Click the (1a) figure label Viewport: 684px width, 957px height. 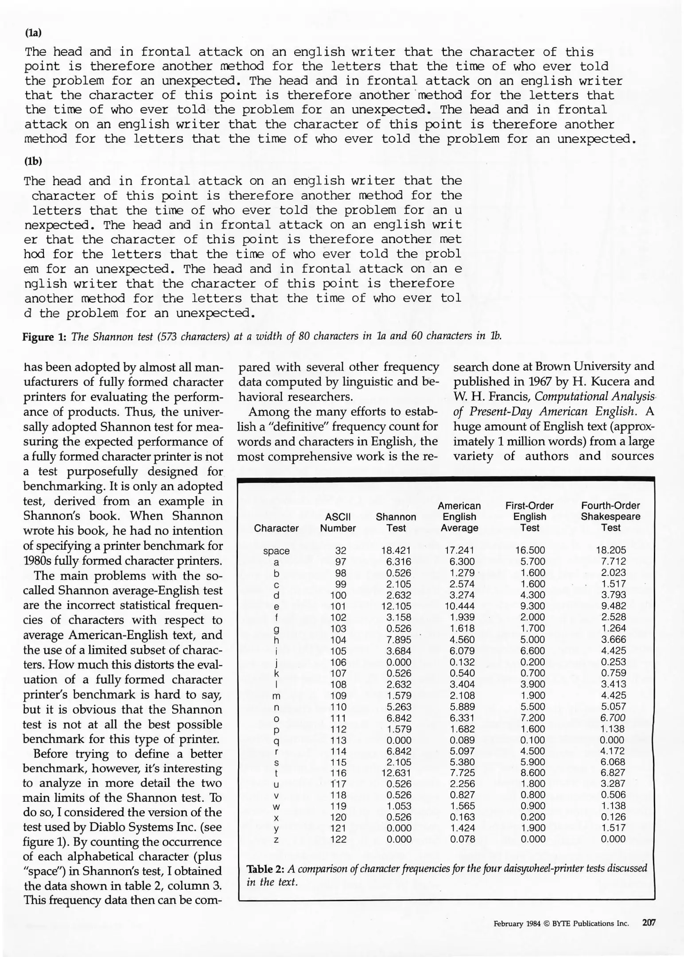point(33,33)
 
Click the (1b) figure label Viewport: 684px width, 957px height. point(33,161)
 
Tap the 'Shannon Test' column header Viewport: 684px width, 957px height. point(396,522)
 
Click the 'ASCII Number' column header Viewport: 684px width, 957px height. point(338,522)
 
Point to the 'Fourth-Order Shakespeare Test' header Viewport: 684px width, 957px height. point(610,516)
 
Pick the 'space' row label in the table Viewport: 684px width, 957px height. point(276,551)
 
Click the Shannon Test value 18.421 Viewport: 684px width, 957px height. point(396,550)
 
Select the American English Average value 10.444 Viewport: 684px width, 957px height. point(459,606)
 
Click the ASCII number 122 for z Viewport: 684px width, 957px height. point(338,839)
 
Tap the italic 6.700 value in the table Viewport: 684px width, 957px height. point(613,717)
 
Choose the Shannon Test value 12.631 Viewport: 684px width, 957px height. point(396,773)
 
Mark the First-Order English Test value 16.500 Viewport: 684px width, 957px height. point(530,550)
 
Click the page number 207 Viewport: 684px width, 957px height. point(649,923)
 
